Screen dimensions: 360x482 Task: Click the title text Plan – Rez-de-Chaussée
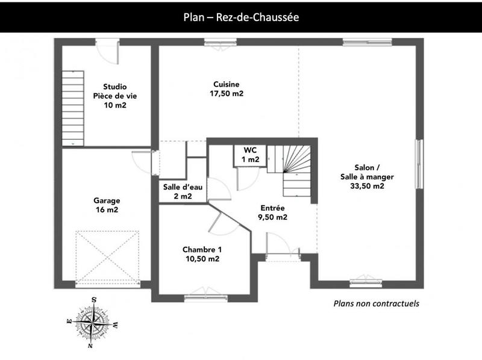(x=241, y=17)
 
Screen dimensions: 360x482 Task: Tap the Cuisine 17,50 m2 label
(x=226, y=89)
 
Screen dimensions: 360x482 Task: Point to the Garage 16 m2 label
(x=106, y=205)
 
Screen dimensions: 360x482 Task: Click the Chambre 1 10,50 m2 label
(x=202, y=254)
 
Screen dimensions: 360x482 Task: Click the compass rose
(x=92, y=323)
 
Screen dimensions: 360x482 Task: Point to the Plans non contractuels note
(x=376, y=303)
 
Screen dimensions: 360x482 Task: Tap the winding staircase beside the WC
(x=291, y=169)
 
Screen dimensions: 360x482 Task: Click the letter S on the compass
(x=94, y=299)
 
